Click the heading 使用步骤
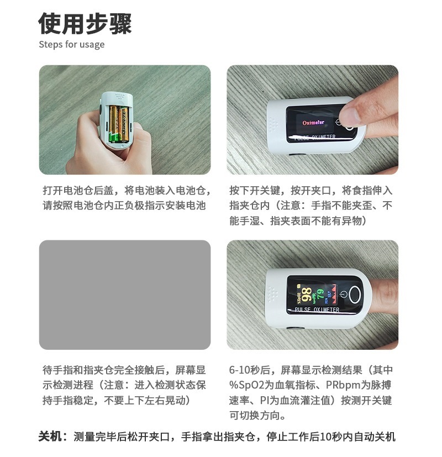coord(85,24)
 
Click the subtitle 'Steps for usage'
coord(72,45)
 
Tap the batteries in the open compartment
coord(119,124)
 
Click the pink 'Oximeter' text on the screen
coord(313,123)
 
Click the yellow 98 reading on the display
coord(307,295)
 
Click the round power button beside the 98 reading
coord(355,294)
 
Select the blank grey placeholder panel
coord(125,295)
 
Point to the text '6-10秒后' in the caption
coord(250,370)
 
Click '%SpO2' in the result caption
coord(246,385)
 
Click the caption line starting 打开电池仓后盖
coord(127,190)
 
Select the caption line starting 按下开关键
coord(311,190)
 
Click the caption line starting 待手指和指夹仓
coord(124,370)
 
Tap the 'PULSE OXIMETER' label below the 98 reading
coord(317,309)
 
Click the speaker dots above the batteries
coord(119,96)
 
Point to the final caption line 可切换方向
coord(257,416)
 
